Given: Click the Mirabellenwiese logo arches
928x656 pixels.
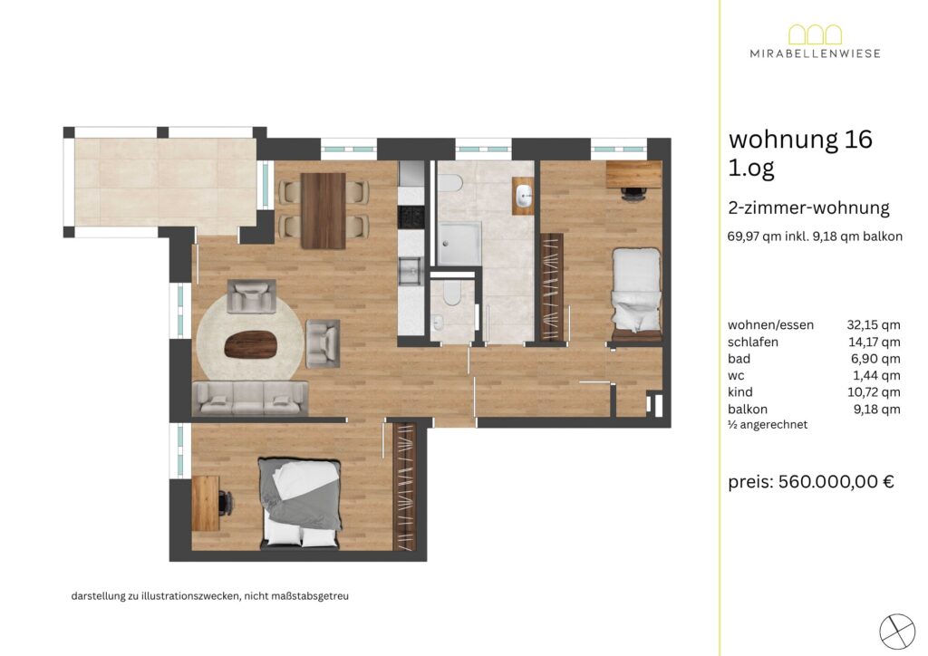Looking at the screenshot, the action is click(815, 34).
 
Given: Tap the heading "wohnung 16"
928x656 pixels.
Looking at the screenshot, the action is click(800, 139).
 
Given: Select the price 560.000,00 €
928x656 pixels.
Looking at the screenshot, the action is click(836, 481).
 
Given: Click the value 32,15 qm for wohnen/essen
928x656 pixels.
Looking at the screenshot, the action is click(874, 324).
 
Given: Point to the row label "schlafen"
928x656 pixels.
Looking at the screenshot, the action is click(753, 342).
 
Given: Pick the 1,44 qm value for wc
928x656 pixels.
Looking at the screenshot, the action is click(876, 375).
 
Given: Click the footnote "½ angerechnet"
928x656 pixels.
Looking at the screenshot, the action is click(768, 424).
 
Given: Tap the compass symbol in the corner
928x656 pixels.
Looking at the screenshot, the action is click(897, 632).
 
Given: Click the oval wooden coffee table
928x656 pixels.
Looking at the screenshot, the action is click(251, 345).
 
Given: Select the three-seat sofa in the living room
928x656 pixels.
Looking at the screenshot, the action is click(250, 398).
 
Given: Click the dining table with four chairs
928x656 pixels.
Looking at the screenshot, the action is click(324, 210).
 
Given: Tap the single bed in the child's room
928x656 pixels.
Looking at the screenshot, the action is click(636, 294).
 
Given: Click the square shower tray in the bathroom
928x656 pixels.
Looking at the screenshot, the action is click(459, 245).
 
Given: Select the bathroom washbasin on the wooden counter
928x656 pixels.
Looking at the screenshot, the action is click(524, 195).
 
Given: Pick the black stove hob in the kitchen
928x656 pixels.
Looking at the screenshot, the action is click(411, 217).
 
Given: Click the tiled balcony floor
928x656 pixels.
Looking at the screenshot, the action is click(166, 181).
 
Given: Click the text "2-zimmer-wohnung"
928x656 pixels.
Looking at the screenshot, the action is click(809, 208).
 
